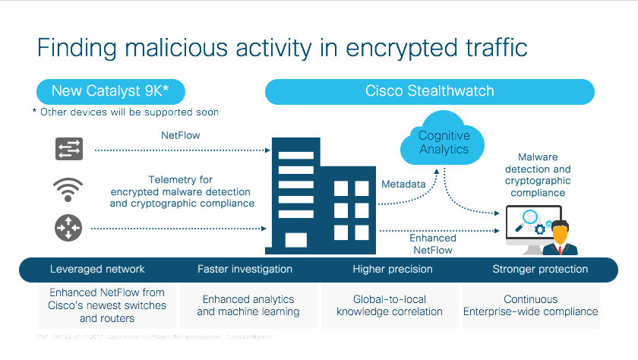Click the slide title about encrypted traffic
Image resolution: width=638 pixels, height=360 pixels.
pos(282,46)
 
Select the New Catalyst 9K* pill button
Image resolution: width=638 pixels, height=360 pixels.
pos(110,91)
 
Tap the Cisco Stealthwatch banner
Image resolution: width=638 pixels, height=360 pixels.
pos(429,91)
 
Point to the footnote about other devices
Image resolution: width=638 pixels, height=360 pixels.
pos(125,112)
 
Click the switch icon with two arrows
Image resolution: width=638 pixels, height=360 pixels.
pos(68,148)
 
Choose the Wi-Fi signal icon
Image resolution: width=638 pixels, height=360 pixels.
pos(68,188)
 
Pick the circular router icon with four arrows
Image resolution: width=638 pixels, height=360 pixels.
pos(68,227)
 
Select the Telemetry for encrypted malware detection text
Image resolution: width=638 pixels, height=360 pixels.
pos(181,191)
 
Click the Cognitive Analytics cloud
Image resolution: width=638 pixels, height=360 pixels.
pos(444,142)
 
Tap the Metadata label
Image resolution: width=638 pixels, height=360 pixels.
pos(403,185)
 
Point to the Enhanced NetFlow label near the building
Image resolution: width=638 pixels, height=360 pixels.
pos(433,244)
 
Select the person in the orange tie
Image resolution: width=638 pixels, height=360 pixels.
pos(562,238)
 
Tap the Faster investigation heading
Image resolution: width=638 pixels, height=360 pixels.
pos(245,269)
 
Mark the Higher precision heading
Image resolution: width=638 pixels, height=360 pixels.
pos(393,269)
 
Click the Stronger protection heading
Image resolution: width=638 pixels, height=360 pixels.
pos(540,269)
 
